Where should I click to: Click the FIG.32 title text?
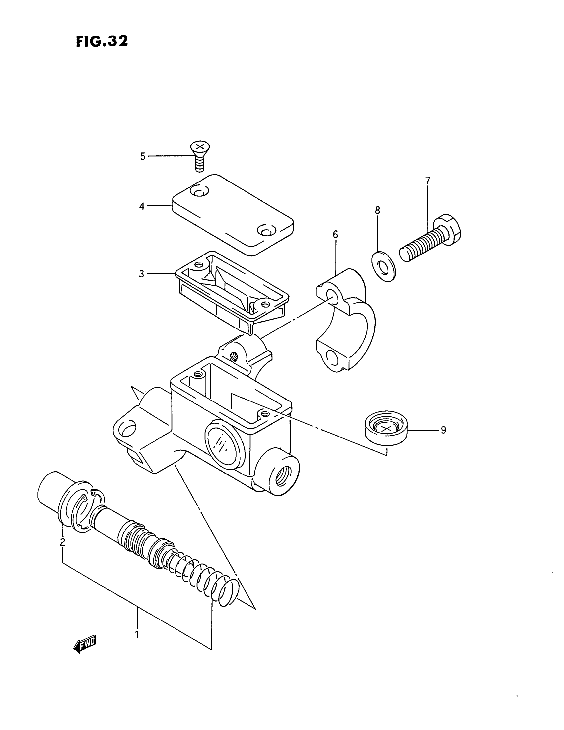tap(102, 41)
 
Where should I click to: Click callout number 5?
tap(143, 156)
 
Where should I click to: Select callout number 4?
tap(142, 207)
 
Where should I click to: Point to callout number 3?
tap(142, 274)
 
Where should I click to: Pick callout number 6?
tap(335, 235)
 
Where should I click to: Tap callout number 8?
tap(377, 210)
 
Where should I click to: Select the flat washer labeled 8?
tap(383, 267)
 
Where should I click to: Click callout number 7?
tap(428, 181)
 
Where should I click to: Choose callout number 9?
tap(443, 430)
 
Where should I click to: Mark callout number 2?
tap(62, 542)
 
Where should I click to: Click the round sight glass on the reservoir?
tap(224, 442)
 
